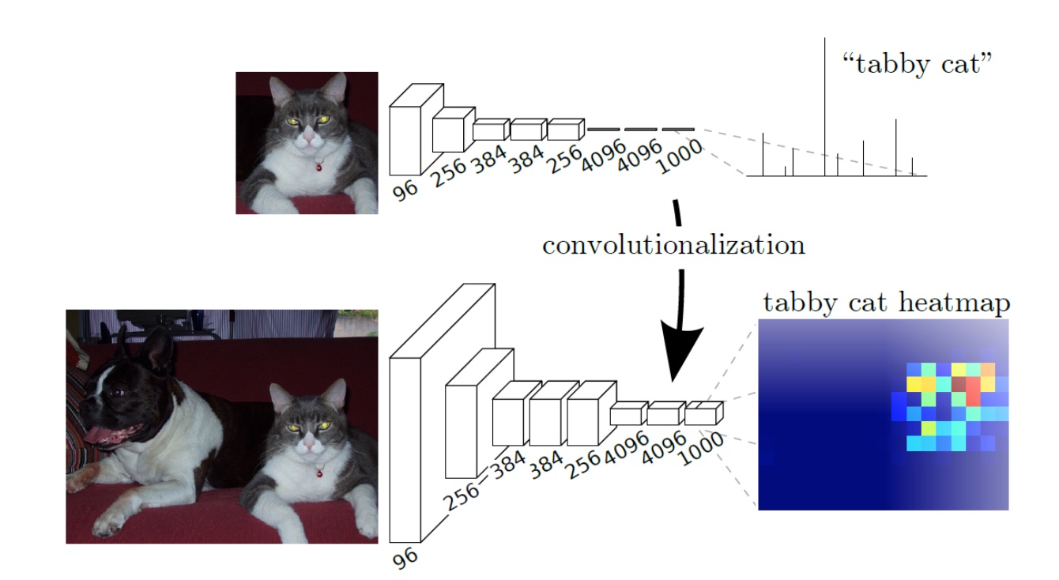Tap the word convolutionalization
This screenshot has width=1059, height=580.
coord(673,245)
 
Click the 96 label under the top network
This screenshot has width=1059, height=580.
coord(405,190)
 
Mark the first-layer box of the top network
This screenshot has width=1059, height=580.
coord(409,138)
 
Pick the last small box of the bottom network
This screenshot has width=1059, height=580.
coord(702,415)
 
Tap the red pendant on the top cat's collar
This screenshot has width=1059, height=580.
coord(318,167)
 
